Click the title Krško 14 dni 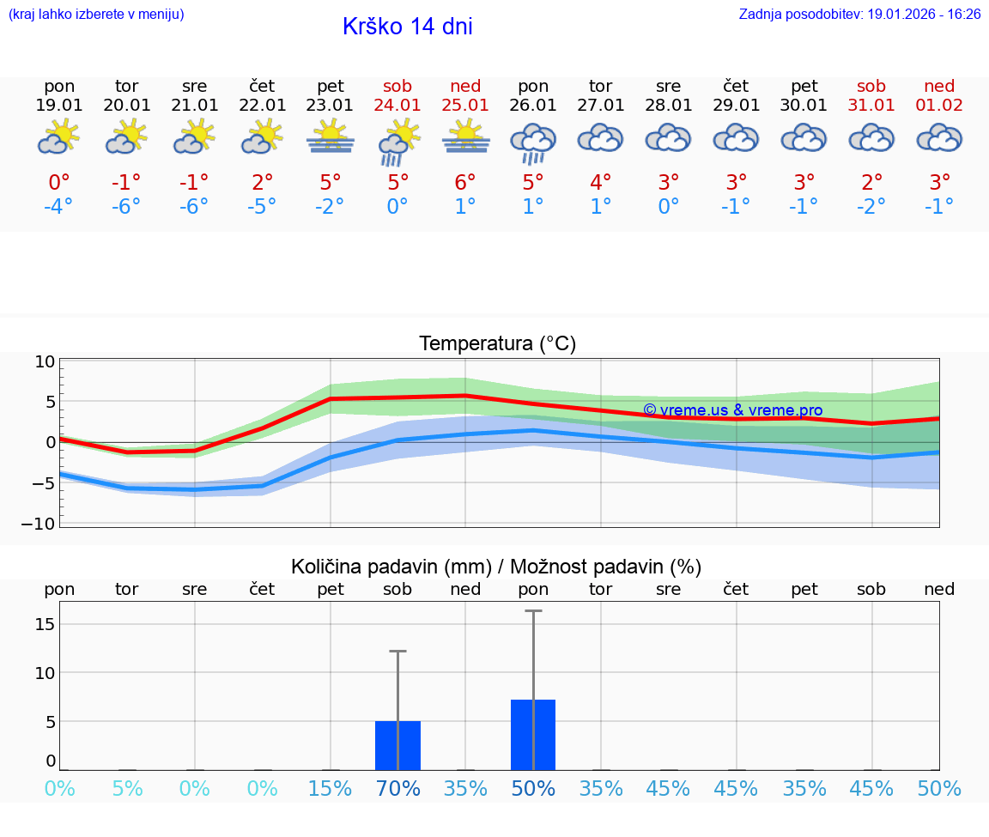[407, 27]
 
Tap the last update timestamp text [859, 15]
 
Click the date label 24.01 [397, 105]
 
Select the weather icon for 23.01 [331, 137]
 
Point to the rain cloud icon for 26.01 [533, 143]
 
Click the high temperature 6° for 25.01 [465, 183]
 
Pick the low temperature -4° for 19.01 [59, 207]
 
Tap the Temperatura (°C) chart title [497, 343]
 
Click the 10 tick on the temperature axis [45, 361]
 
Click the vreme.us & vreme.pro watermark [733, 410]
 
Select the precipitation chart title [496, 567]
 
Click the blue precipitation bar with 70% [397, 745]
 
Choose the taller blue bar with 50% [533, 735]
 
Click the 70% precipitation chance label [397, 788]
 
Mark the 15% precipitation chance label [331, 788]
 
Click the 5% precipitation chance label [127, 788]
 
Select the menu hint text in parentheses [96, 15]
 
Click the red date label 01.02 [939, 105]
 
